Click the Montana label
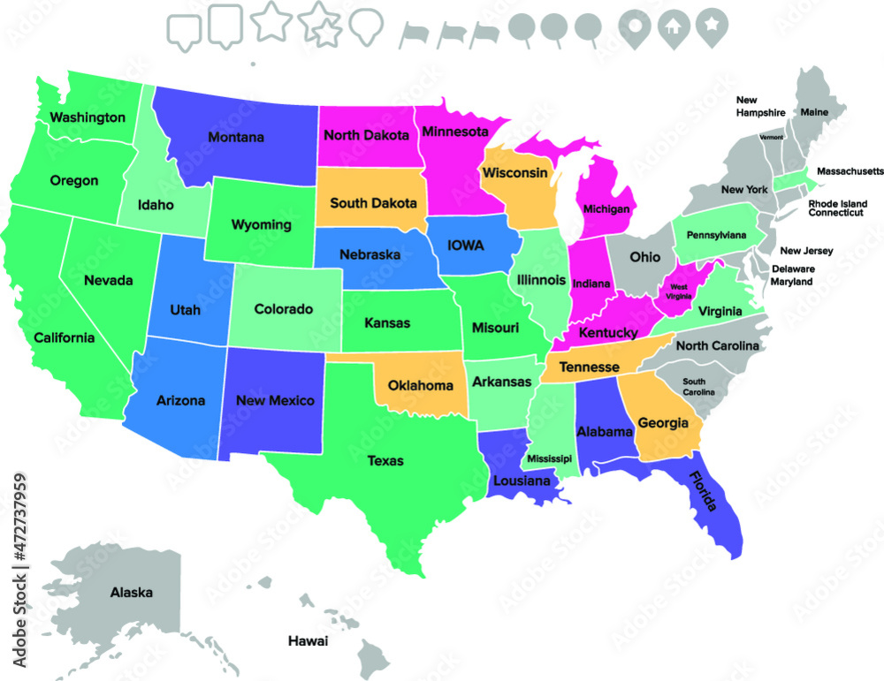236,137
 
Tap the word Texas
385,460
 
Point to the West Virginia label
679,291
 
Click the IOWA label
466,245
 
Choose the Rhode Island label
837,203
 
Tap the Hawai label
308,640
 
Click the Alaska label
131,593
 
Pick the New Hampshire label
761,107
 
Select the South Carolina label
698,385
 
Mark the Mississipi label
549,458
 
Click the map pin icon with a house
672,26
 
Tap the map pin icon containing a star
709,26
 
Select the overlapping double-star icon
321,26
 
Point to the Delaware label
794,269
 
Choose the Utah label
186,310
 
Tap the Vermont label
771,137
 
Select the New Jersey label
806,251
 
